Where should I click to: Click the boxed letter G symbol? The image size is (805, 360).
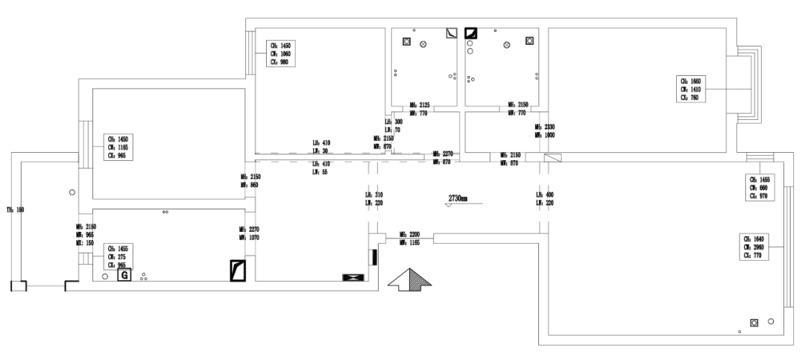click(124, 275)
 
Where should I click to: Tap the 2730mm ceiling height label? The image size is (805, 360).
click(458, 199)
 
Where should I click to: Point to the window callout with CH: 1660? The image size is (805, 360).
click(689, 88)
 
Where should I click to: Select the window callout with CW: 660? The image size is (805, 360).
click(763, 188)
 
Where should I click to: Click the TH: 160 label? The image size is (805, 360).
click(16, 210)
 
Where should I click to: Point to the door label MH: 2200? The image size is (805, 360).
click(411, 238)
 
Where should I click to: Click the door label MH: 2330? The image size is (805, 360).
click(545, 131)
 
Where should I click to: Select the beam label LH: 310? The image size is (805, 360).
click(374, 198)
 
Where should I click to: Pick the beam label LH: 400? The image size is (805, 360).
click(544, 198)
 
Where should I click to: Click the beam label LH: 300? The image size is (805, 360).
click(393, 126)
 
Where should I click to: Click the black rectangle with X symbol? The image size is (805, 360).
click(352, 277)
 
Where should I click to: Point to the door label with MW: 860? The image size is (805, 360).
click(249, 180)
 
